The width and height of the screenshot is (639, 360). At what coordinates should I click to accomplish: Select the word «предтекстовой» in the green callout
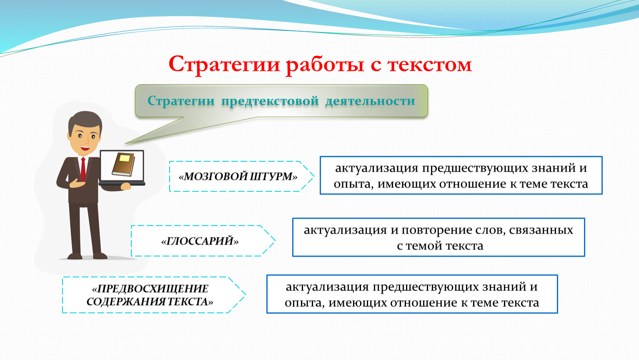tap(270, 101)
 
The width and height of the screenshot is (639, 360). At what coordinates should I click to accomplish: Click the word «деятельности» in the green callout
tap(370, 101)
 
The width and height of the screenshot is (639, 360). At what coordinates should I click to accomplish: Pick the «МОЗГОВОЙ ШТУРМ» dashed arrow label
tap(238, 177)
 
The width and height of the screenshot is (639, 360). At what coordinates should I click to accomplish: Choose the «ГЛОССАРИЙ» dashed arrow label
tap(200, 241)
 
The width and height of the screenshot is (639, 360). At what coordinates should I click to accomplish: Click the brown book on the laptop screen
tap(123, 164)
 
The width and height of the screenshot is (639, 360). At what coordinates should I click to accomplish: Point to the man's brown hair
tap(85, 121)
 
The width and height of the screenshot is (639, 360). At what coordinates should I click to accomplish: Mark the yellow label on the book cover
tap(125, 158)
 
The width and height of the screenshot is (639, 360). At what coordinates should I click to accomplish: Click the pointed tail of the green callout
tap(125, 143)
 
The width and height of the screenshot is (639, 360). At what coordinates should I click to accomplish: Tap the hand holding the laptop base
tap(126, 187)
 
